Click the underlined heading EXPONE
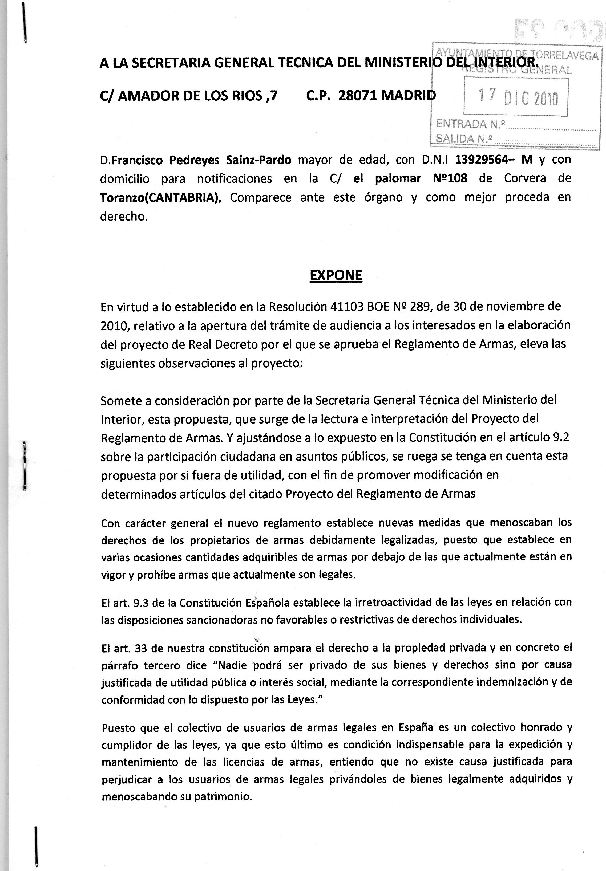tap(336, 275)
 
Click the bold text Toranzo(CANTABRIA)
tap(160, 198)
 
